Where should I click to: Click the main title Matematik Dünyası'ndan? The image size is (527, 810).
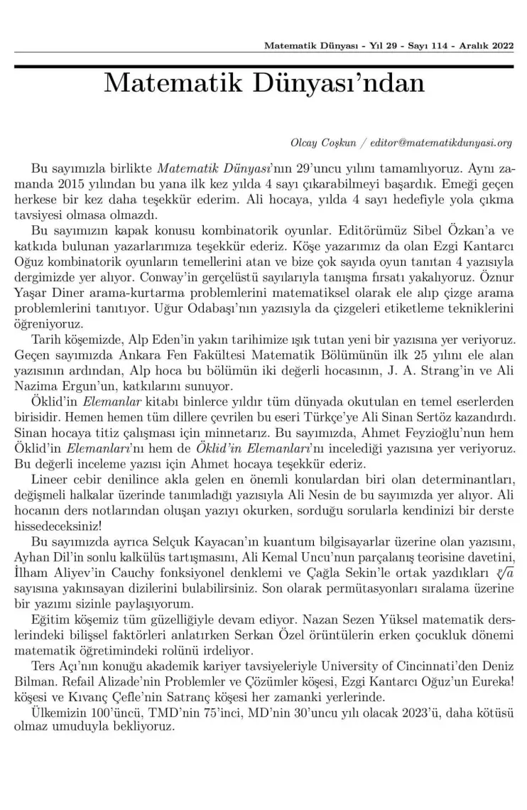click(x=263, y=83)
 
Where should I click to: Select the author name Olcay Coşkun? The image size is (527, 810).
click(x=320, y=142)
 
